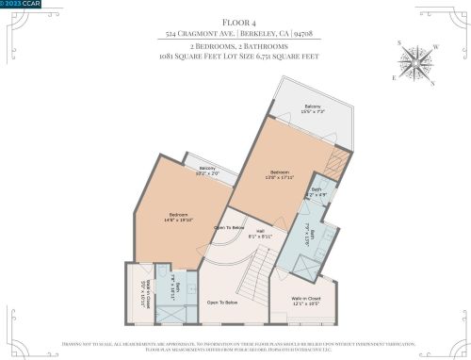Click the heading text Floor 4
(235, 18)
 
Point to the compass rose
(418, 63)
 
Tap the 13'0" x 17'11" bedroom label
(282, 175)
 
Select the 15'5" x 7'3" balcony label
(312, 110)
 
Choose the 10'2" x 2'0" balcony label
(206, 172)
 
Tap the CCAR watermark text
(19, 5)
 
